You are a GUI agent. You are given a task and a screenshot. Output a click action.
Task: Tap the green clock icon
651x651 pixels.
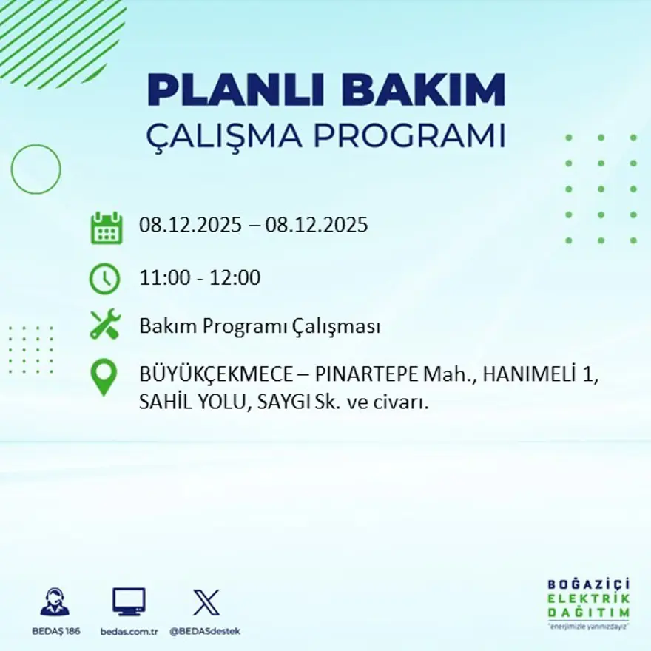click(104, 279)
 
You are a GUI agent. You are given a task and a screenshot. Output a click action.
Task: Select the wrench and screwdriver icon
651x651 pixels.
click(104, 325)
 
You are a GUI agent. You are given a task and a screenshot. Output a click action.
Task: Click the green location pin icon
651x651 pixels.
click(104, 377)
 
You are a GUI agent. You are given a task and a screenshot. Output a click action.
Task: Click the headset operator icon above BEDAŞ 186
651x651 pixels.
click(55, 601)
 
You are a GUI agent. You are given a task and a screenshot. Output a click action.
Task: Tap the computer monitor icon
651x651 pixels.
click(129, 601)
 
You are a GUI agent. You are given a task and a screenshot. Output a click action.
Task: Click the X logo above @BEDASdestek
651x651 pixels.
click(206, 601)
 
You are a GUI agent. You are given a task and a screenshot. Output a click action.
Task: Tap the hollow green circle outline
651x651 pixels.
click(36, 169)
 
